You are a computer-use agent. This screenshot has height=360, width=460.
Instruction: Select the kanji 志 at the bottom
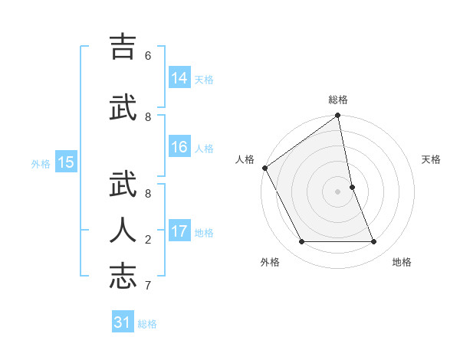pos(123,277)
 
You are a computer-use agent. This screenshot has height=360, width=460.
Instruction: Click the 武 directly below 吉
pos(123,108)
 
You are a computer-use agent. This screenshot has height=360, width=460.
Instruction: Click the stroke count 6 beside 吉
pos(148,56)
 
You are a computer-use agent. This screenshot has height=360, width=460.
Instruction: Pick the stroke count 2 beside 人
pos(148,240)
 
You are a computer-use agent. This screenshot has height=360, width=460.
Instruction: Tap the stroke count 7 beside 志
pos(148,286)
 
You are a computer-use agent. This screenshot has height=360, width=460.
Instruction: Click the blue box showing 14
pos(179,78)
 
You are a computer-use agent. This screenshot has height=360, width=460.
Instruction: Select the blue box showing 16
pos(179,147)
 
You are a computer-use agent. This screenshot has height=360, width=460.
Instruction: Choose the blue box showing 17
pos(179,231)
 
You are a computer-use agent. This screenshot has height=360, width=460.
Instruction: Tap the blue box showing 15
pos(66,162)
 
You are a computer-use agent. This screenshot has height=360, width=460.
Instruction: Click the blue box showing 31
pos(123,322)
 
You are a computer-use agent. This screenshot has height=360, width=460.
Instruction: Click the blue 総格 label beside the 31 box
pos(147,324)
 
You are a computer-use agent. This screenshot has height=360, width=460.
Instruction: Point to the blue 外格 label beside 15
pos(41,163)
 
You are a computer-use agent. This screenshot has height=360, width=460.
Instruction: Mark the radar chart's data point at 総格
pos(338,116)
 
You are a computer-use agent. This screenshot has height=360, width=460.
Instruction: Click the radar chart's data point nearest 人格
pos(264,168)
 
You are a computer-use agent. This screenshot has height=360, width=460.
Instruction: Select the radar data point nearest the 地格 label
pos(374,242)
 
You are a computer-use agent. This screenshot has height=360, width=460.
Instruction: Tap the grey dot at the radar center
pos(338,191)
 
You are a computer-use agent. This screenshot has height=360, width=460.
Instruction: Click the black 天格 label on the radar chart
pos(431,159)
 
